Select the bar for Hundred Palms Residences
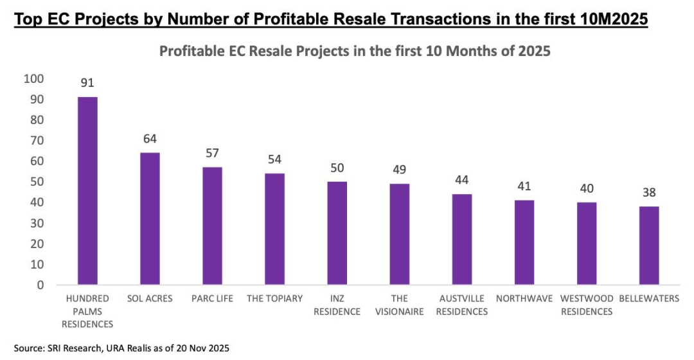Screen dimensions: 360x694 (x=87, y=191)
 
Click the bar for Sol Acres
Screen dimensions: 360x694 (x=150, y=219)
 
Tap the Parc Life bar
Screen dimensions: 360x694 (x=212, y=226)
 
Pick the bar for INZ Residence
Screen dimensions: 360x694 (x=337, y=233)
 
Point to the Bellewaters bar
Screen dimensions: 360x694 (x=649, y=246)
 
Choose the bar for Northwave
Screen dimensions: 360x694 (x=524, y=242)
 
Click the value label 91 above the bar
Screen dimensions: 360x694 (x=87, y=84)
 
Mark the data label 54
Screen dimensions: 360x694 (x=275, y=159)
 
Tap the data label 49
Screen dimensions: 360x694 (x=400, y=170)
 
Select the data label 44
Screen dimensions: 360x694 (x=462, y=180)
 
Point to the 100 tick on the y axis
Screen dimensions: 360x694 (x=33, y=78)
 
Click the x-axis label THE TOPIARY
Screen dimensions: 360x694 (x=275, y=299)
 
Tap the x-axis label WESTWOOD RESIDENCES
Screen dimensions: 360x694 (x=587, y=305)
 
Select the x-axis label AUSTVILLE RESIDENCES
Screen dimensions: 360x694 (x=462, y=305)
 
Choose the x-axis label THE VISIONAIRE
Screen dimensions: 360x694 (x=400, y=305)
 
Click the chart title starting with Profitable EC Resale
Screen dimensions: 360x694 (x=355, y=51)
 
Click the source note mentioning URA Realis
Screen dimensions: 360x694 (x=121, y=348)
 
